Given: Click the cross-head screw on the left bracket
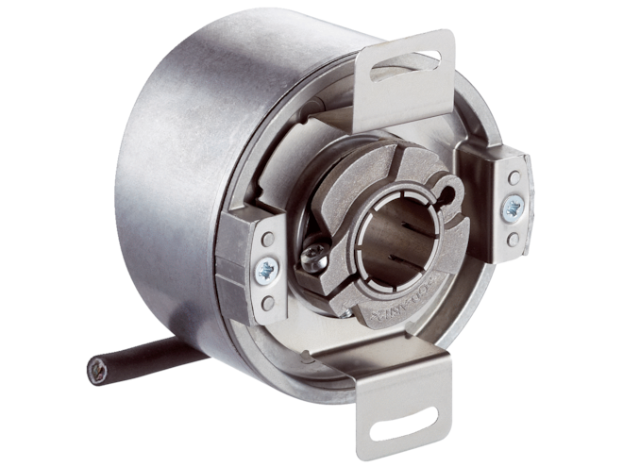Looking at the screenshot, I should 267,270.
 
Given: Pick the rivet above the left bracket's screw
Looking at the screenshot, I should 268,240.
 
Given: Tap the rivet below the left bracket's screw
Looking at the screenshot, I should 269,303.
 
